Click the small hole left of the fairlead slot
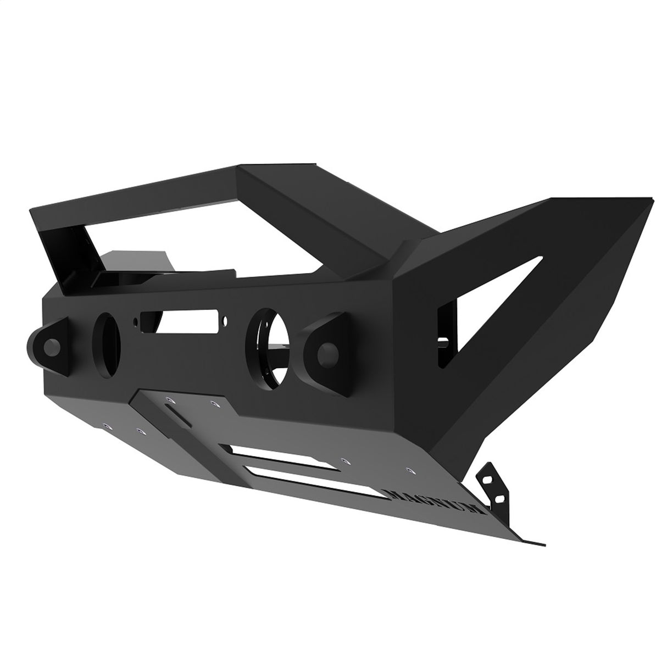pos(134,320)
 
